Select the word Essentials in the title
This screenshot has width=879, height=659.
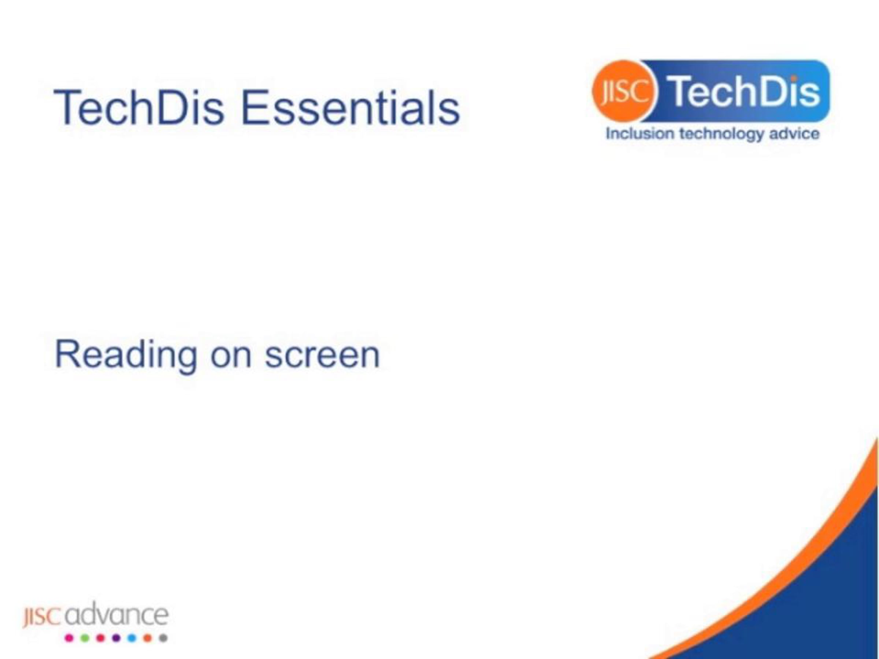[x=351, y=107]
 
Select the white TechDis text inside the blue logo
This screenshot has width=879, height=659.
[x=743, y=92]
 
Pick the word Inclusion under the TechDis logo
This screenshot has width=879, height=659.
[x=639, y=134]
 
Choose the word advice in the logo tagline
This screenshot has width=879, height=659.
[x=794, y=134]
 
